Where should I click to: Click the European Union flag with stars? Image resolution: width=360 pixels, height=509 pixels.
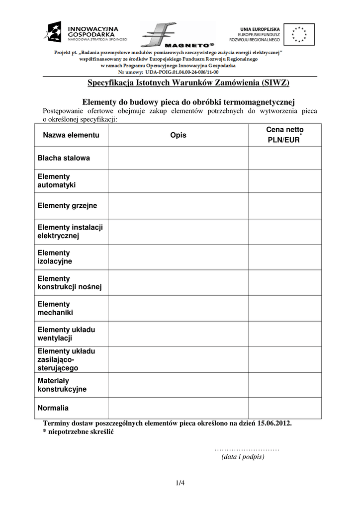[299, 34]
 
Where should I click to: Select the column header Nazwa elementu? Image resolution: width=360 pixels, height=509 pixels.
[71, 135]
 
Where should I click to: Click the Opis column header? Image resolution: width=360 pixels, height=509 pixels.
[178, 135]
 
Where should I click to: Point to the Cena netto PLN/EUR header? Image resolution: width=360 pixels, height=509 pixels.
[284, 135]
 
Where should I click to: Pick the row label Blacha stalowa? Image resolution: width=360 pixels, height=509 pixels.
[64, 158]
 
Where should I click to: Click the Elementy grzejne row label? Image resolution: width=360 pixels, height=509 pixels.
[67, 206]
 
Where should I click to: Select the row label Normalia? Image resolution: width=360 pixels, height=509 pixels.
[53, 408]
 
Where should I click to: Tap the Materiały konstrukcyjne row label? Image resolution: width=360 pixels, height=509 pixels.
[62, 385]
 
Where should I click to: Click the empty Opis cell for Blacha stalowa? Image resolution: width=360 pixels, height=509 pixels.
[178, 158]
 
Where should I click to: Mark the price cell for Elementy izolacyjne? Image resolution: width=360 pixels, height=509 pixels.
[284, 256]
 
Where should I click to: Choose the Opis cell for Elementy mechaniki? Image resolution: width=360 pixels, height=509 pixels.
[178, 308]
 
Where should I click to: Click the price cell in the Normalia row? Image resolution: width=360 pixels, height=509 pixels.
[284, 408]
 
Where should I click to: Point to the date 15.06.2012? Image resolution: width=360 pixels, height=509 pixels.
[275, 424]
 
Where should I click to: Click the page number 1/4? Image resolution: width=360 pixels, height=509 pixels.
[180, 482]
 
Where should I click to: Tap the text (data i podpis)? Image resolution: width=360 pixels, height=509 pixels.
[243, 457]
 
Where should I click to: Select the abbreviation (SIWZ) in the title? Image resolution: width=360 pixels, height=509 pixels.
[275, 83]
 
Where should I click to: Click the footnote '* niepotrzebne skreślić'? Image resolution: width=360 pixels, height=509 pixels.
[79, 432]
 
